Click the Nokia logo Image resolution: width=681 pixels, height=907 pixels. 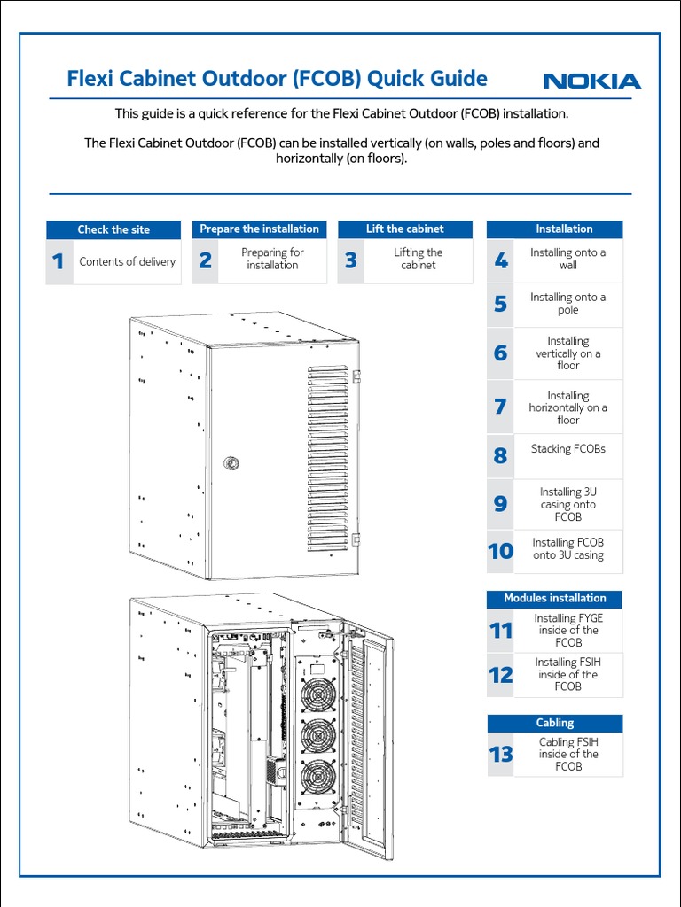point(591,81)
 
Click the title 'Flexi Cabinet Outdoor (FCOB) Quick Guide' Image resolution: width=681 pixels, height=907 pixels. point(278,79)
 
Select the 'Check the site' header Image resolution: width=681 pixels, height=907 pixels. point(113,229)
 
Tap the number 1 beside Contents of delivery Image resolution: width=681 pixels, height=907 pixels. point(59,261)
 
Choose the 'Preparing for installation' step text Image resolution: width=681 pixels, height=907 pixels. point(272,259)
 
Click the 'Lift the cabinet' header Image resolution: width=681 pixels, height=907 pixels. point(404,229)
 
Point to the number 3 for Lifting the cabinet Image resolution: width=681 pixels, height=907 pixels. point(351,260)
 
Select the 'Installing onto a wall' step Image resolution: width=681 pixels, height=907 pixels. point(567,259)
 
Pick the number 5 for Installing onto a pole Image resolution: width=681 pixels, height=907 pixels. point(501,305)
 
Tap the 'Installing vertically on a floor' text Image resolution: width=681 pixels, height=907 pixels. point(567,353)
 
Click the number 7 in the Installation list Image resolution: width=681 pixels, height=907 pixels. point(501,407)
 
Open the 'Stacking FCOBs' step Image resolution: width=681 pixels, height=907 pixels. point(567,449)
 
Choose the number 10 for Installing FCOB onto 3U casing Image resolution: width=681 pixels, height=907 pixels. point(500,551)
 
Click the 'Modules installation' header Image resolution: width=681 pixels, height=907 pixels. point(554,598)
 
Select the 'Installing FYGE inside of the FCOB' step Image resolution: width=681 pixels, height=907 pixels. point(567,631)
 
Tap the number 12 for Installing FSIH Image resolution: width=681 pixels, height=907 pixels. point(500,675)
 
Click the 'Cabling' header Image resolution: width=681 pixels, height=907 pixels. point(554,723)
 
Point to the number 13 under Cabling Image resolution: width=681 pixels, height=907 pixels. point(500,755)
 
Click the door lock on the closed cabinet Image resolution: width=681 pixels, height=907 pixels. point(231,461)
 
